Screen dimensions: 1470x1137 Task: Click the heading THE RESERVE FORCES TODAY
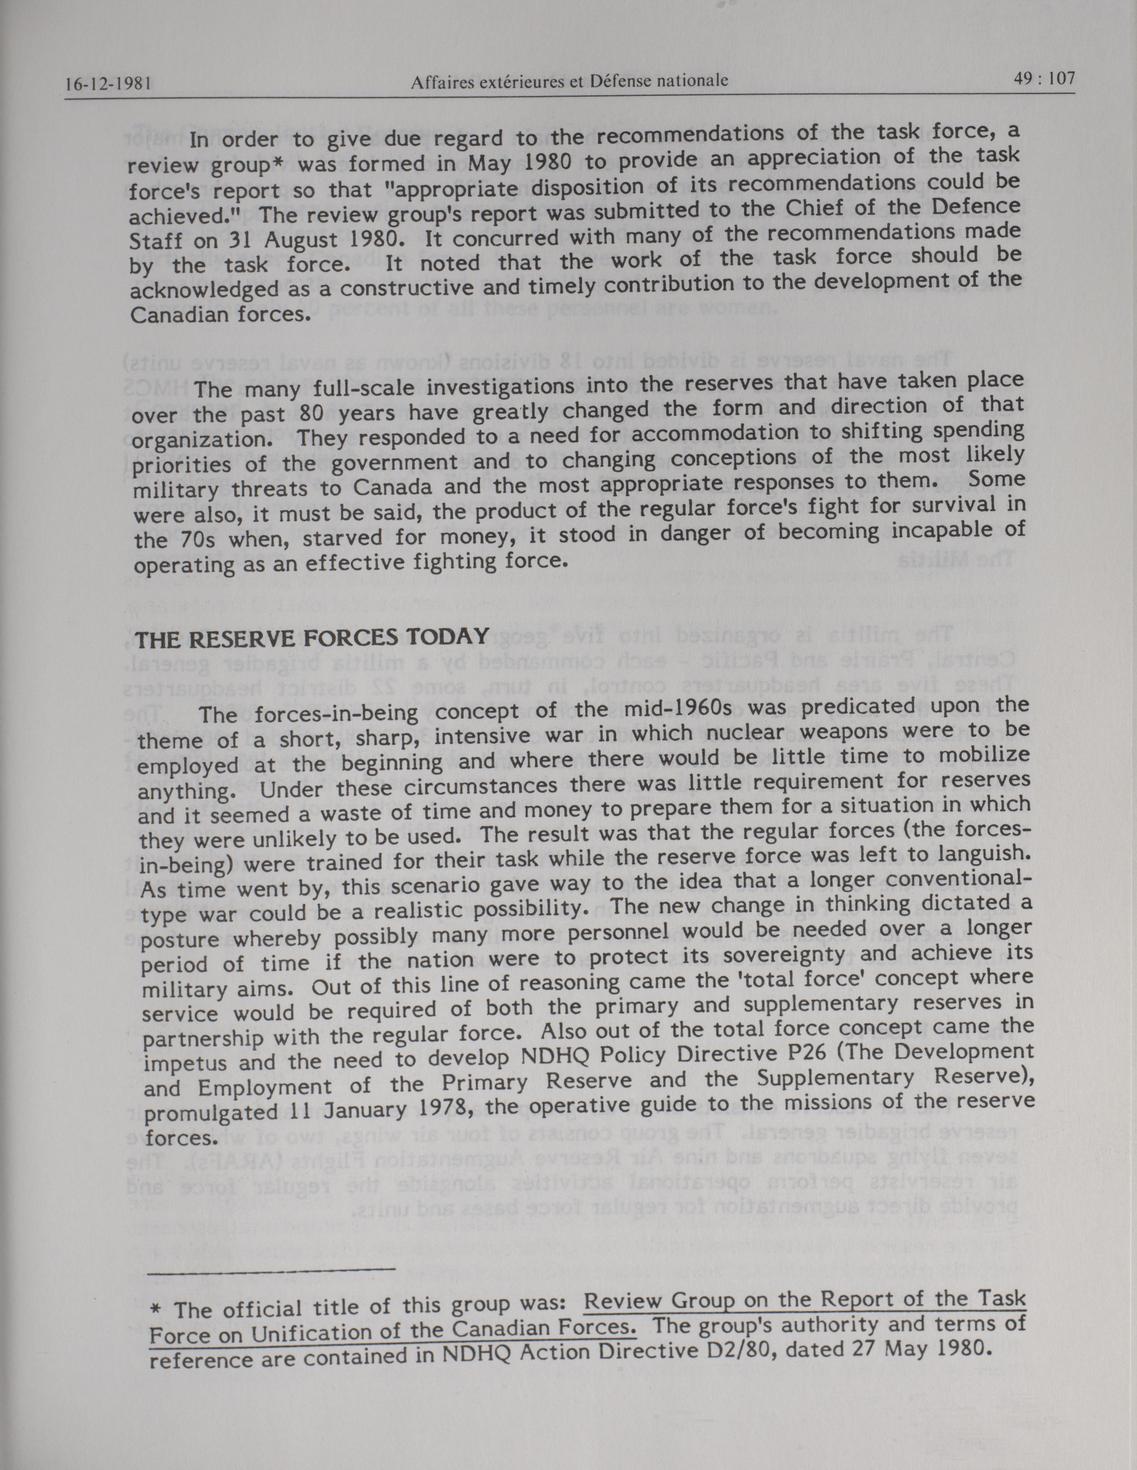[312, 637]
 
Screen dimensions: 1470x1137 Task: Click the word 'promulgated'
[210, 1113]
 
